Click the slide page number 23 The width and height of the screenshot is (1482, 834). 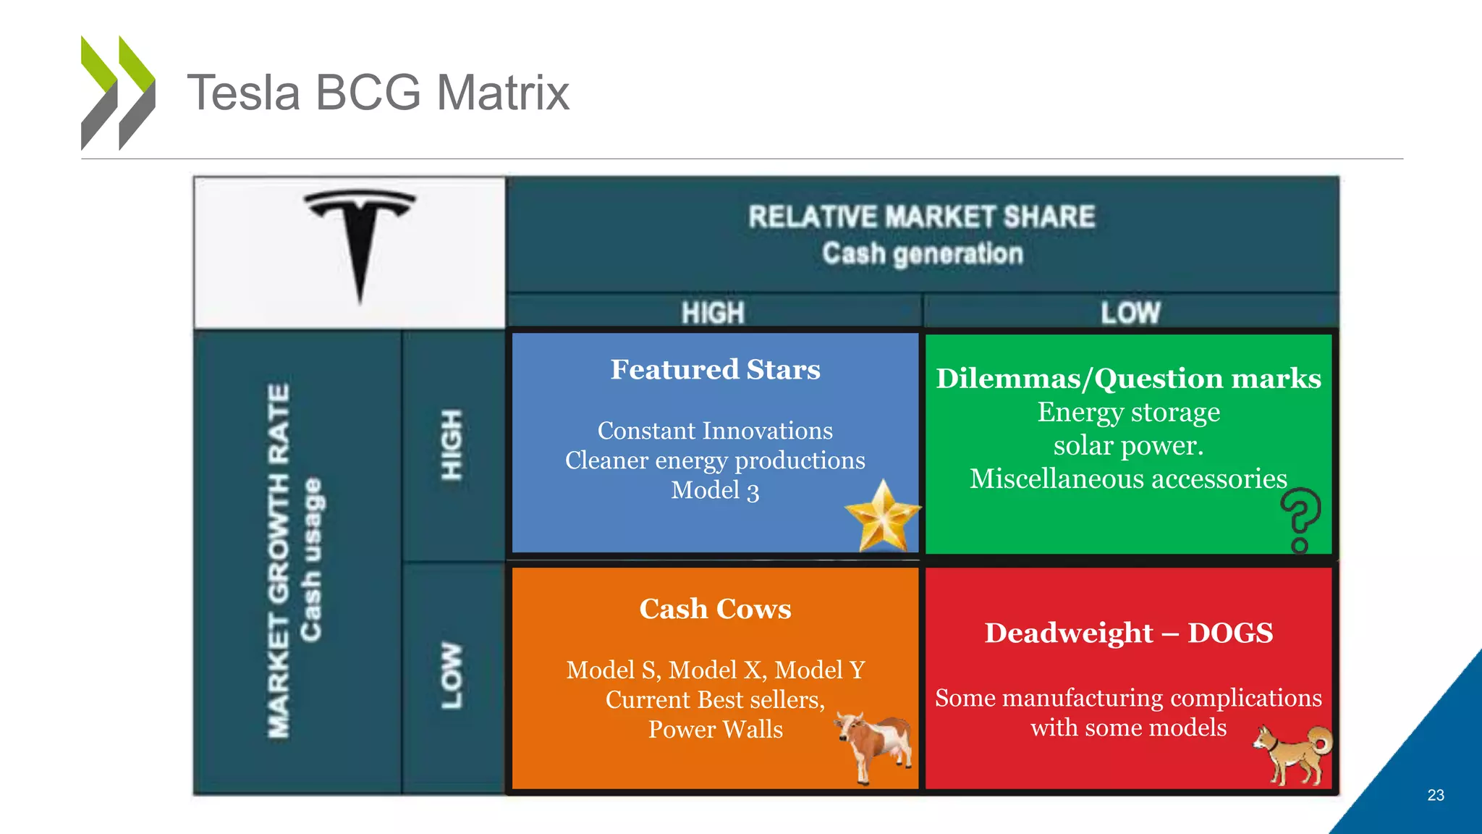pos(1436,795)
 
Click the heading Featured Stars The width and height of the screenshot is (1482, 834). pos(715,369)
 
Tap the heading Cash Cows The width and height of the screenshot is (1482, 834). pos(715,609)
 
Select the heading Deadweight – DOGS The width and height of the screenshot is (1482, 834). pos(1128,633)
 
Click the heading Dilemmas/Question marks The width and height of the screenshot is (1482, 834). pos(1128,378)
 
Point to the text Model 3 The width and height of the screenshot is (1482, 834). pos(715,491)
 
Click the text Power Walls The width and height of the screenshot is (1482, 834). pos(715,729)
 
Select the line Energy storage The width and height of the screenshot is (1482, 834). pos(1128,412)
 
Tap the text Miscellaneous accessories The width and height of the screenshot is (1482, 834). pos(1128,479)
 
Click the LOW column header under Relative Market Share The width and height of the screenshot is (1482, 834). pos(1130,313)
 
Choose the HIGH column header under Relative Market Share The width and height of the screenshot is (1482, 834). pos(713,313)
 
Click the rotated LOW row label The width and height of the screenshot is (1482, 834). pos(452,675)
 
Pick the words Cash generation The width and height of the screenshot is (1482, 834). pos(922,253)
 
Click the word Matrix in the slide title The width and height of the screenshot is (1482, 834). pos(503,93)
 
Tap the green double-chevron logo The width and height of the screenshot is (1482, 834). pos(118,93)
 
